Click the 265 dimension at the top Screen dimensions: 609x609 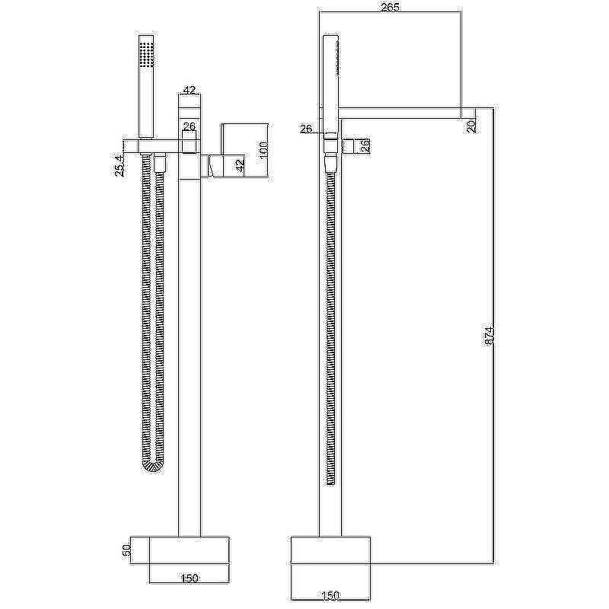(x=390, y=7)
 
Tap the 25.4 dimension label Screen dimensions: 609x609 (x=120, y=164)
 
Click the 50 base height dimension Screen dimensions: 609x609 (x=126, y=551)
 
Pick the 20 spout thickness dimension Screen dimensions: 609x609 (x=471, y=126)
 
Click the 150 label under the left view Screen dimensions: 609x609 (x=190, y=578)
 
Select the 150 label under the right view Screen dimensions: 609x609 (x=330, y=595)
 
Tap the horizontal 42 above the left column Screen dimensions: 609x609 (x=189, y=90)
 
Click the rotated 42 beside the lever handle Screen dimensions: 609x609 (x=240, y=165)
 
